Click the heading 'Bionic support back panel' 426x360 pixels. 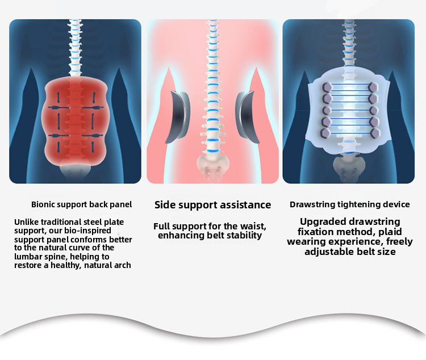[81, 204]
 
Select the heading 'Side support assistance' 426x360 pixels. [213, 205]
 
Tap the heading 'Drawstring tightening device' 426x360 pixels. [350, 204]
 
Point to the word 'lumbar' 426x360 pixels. [27, 257]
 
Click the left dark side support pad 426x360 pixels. [178, 117]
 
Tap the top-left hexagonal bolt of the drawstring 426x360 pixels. [327, 87]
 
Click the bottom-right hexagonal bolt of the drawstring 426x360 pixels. [375, 133]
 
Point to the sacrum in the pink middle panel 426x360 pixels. [213, 168]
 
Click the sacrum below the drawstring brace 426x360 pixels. [349, 168]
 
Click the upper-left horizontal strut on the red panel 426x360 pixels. [59, 108]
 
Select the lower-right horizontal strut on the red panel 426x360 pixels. [93, 136]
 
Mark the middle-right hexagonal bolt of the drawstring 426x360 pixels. [374, 111]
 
